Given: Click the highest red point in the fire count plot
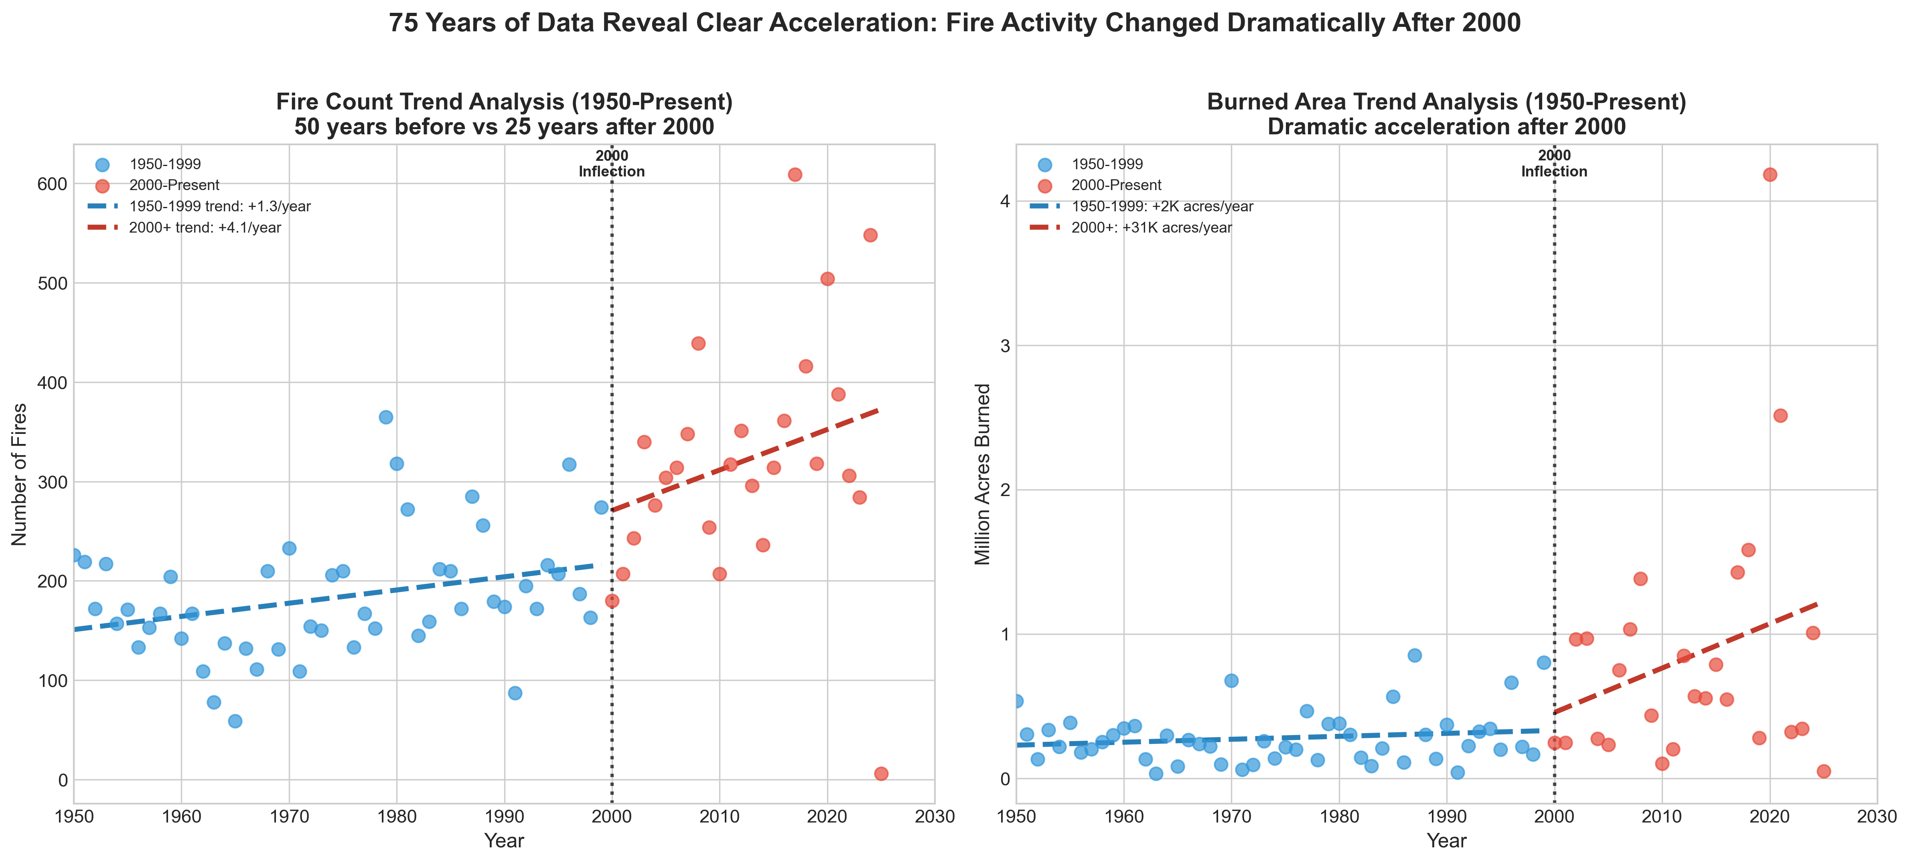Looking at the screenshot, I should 795,174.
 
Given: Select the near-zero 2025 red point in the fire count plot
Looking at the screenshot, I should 881,773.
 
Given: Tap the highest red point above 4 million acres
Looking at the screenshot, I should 1770,174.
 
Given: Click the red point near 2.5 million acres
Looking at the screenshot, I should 1780,415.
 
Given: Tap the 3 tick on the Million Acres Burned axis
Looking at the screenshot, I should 1004,346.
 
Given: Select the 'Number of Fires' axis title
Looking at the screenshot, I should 20,474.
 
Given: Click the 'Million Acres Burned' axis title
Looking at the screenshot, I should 982,474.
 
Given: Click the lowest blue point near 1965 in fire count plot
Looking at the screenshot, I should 235,721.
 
